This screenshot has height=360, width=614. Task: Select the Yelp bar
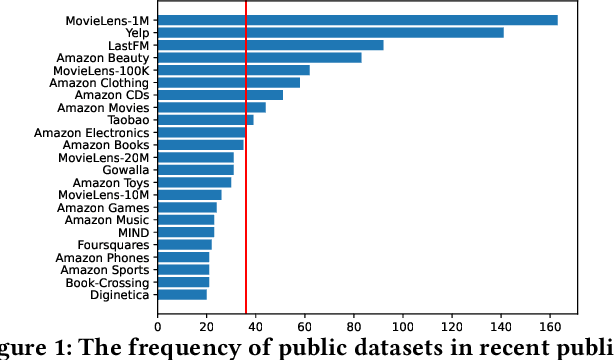[x=330, y=33]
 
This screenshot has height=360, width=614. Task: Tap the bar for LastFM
[x=270, y=45]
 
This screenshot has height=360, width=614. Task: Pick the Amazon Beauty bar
[x=259, y=58]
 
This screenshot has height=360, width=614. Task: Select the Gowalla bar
[x=195, y=170]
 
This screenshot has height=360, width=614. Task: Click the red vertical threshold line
[x=246, y=200]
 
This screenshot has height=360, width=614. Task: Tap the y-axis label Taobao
[x=128, y=120]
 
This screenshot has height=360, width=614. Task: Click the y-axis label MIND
[x=133, y=232]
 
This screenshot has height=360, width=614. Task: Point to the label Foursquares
[x=113, y=244]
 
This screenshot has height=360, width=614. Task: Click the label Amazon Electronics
[x=91, y=132]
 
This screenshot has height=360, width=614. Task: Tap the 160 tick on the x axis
[x=550, y=325]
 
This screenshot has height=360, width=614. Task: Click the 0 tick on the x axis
[x=157, y=325]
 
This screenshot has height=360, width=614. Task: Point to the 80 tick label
[x=354, y=325]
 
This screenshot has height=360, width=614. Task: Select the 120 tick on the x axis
[x=452, y=325]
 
